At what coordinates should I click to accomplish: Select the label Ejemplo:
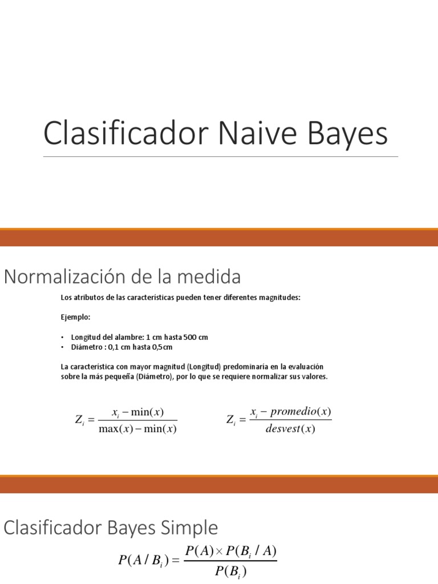pos(75,317)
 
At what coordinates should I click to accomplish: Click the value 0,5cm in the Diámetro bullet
pos(162,347)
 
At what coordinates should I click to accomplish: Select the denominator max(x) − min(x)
pos(137,429)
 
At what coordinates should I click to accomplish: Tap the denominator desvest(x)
pos(290,429)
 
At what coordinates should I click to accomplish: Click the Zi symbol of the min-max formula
pos(79,420)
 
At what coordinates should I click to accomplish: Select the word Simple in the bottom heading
pos(191,528)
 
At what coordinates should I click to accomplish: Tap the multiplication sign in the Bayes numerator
pos(220,551)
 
